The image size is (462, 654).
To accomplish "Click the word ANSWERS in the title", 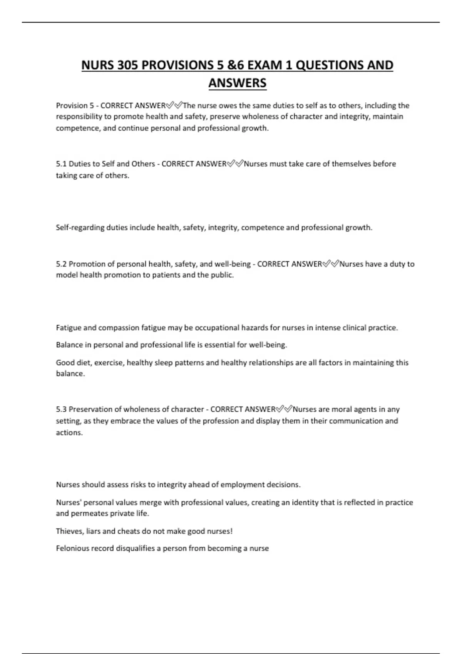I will [237, 83].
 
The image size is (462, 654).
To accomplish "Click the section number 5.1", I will [61, 164].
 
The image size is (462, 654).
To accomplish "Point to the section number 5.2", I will [61, 264].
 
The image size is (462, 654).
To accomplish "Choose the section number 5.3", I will [61, 409].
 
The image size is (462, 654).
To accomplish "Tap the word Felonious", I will [72, 548].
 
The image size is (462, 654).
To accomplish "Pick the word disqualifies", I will [135, 548].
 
